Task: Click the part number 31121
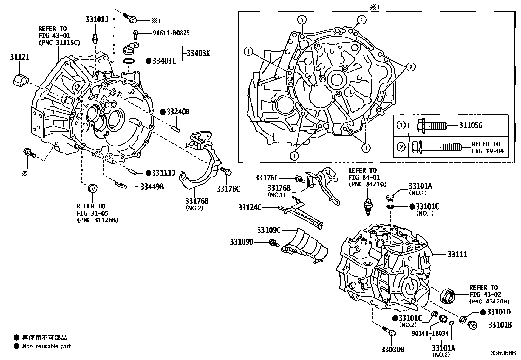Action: (x=19, y=58)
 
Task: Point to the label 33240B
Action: (x=178, y=112)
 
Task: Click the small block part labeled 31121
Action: (x=20, y=81)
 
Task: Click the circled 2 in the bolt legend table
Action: (x=401, y=147)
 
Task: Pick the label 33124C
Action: (x=250, y=207)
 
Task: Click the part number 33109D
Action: (x=242, y=242)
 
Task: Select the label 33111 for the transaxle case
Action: (x=457, y=254)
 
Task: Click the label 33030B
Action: (x=392, y=350)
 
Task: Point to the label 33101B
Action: (x=500, y=325)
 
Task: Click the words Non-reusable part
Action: (x=46, y=346)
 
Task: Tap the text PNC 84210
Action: (x=367, y=184)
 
